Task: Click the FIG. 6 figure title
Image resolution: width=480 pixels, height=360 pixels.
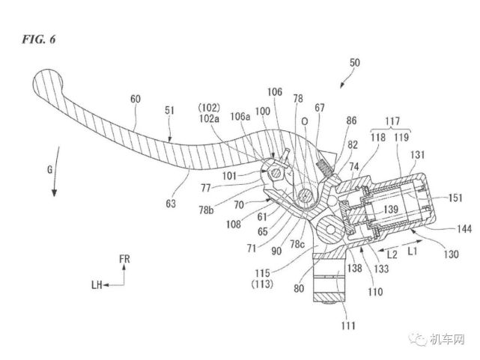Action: point(39,39)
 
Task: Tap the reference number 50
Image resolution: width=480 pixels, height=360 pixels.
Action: point(354,63)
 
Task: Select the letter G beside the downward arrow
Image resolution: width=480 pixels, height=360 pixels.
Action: point(50,169)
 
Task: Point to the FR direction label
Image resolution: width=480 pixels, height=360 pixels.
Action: point(124,259)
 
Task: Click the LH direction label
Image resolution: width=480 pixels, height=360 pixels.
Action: point(97,285)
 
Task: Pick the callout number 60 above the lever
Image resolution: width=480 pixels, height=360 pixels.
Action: point(136,99)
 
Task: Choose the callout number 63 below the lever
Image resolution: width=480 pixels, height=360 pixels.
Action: point(171,204)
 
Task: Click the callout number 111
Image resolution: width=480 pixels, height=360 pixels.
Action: point(348,326)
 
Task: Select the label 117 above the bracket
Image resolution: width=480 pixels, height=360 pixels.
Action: point(392,121)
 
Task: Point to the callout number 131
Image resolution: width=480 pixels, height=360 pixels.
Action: point(418,155)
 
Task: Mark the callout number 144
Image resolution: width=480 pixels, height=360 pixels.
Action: point(464,229)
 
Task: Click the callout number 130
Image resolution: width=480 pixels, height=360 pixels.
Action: point(452,254)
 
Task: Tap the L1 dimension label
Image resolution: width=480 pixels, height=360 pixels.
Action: point(412,251)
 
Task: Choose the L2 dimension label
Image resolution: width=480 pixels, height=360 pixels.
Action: point(392,254)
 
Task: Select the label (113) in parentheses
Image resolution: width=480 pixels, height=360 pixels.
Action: point(262,284)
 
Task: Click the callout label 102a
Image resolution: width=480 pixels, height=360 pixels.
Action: point(210,118)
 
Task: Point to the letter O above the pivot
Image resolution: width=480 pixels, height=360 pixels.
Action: point(305,122)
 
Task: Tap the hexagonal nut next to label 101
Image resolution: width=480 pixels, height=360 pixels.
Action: point(276,174)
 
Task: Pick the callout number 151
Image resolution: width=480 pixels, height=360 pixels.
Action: point(455,198)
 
